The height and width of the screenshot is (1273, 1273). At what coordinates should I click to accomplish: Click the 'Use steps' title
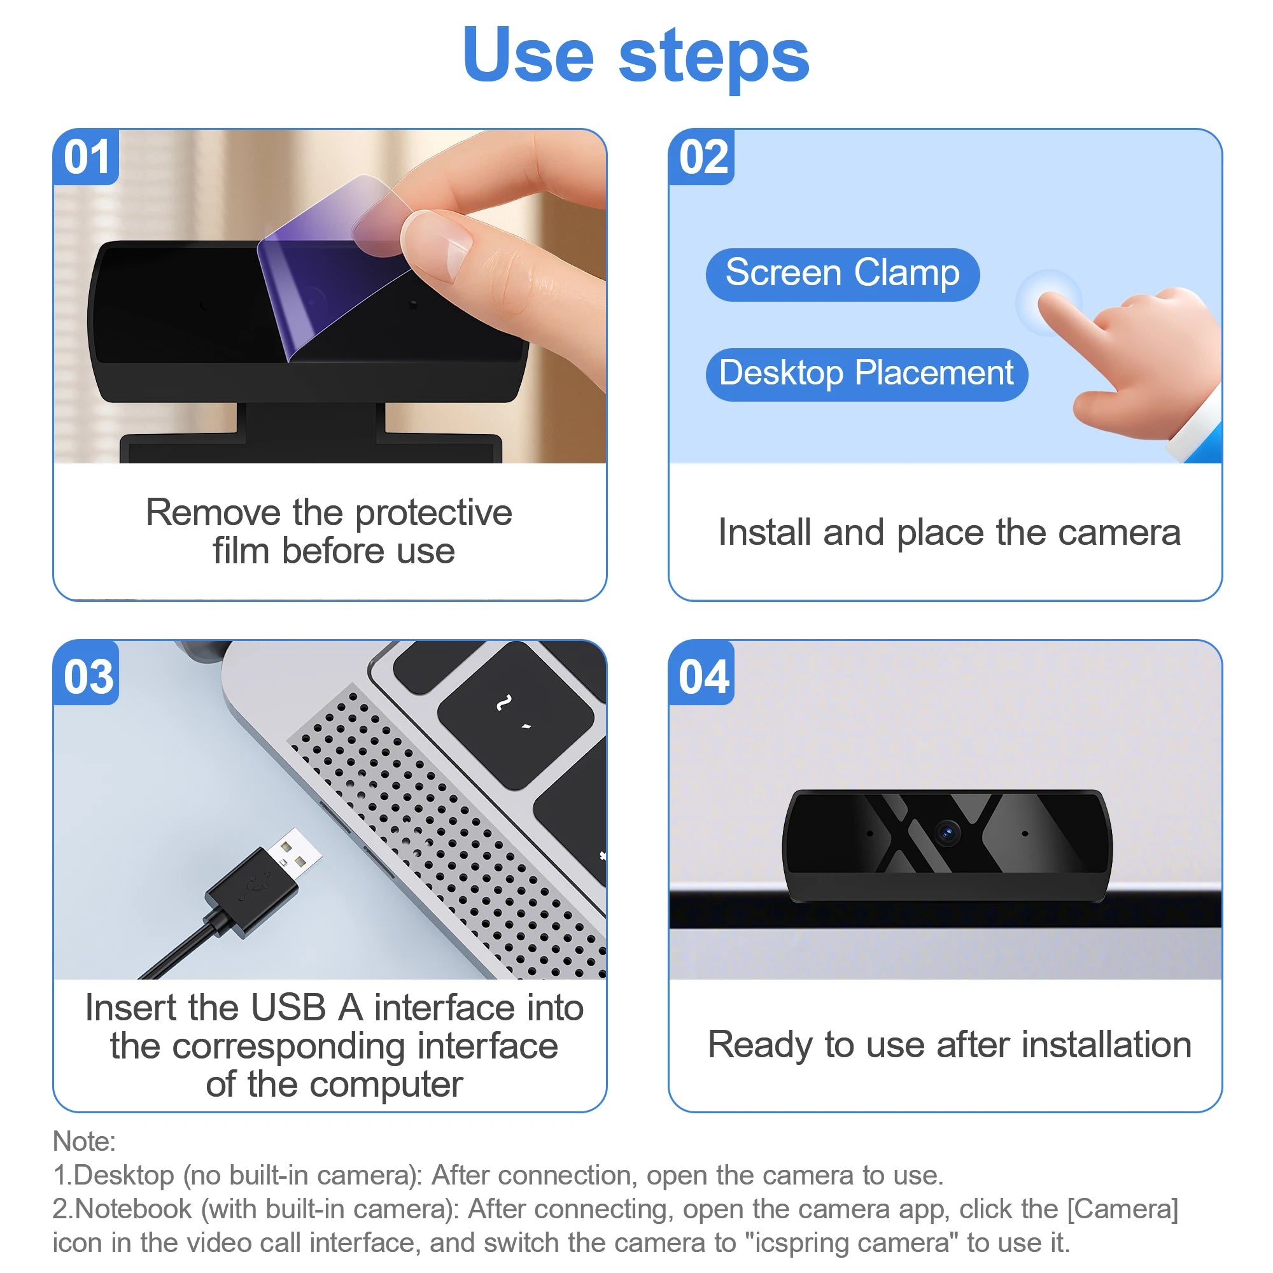point(636,56)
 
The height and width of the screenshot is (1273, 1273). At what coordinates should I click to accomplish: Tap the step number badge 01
point(87,157)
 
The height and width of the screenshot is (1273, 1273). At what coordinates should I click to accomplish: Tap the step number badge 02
point(703,157)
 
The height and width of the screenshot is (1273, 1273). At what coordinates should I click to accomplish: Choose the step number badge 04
point(703,677)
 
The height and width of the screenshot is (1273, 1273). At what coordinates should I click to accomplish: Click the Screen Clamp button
point(842,274)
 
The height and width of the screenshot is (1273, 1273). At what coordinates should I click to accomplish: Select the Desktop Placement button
point(866,374)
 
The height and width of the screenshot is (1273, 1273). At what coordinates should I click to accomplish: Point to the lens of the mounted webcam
point(948,832)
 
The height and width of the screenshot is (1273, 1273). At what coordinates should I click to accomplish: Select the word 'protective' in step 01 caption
point(433,513)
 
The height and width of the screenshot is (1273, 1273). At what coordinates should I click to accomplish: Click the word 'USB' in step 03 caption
point(288,1008)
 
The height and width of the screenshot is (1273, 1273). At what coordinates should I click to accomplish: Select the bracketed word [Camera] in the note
point(1122,1209)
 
